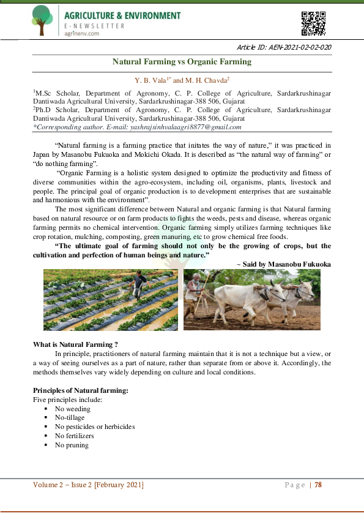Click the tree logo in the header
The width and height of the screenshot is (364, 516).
[42, 20]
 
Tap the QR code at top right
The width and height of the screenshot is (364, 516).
[314, 23]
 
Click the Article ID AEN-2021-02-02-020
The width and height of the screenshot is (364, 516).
[284, 47]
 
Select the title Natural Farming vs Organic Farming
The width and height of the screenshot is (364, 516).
[182, 62]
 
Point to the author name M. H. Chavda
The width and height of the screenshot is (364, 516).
[204, 80]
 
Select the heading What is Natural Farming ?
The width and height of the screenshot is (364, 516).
[75, 344]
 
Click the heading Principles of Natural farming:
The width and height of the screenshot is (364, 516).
[80, 390]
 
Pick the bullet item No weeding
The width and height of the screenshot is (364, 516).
[72, 409]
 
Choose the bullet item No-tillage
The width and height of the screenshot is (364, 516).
[70, 417]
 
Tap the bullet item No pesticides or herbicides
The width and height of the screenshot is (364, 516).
[95, 427]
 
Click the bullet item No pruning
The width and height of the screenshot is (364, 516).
[72, 445]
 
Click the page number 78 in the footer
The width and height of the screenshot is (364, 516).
[318, 485]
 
